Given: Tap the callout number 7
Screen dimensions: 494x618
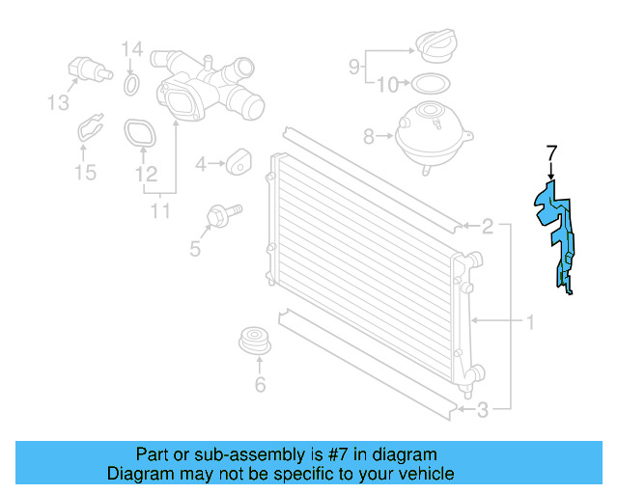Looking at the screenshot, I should click(x=551, y=153).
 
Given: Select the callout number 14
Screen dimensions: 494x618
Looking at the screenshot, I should click(x=131, y=49).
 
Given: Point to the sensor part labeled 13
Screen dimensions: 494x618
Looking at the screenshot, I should click(x=88, y=70).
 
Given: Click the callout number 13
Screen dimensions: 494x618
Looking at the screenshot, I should click(x=60, y=103).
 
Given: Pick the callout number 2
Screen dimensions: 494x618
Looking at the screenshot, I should click(x=489, y=228).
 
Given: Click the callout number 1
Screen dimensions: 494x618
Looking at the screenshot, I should click(x=528, y=320).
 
